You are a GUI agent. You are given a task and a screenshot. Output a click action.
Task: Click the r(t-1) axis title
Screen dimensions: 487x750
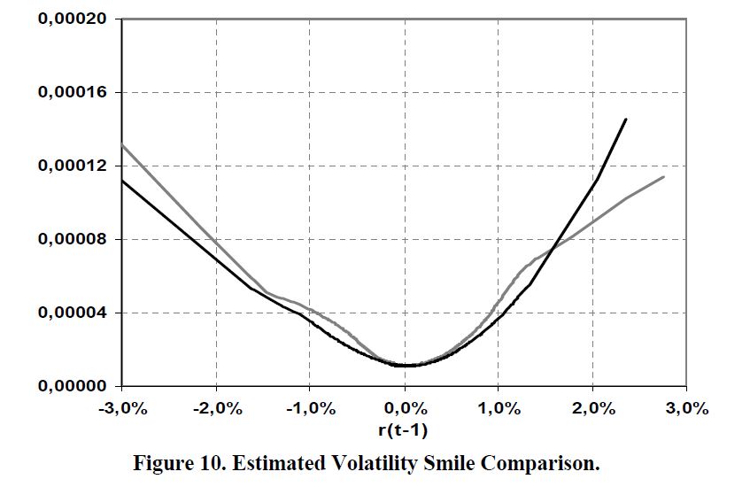point(405,429)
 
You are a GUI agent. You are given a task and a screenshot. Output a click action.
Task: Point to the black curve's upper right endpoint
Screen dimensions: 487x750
point(626,119)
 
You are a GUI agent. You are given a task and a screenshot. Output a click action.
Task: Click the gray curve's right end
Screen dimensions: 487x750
point(663,177)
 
